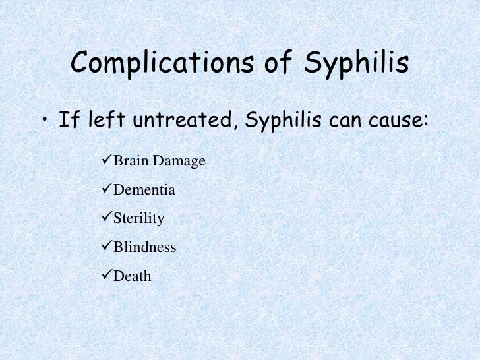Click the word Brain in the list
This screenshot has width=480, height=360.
pos(131,161)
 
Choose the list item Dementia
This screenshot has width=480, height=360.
pos(144,190)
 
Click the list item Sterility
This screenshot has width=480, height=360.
pos(138,219)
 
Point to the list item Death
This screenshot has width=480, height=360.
pos(133,276)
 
